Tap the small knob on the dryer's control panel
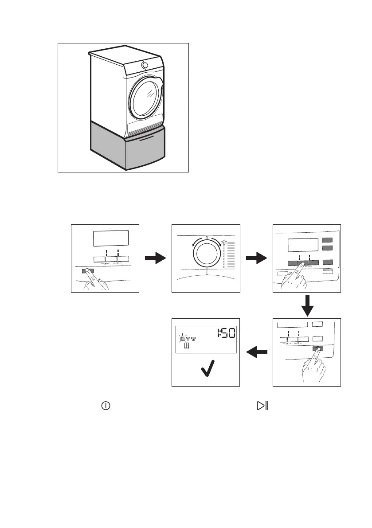coord(145,65)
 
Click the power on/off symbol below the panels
coord(106,405)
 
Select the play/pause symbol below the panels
coord(263,405)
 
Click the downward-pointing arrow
coord(307,305)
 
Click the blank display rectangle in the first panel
coord(110,239)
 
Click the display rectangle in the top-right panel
coord(303,245)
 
